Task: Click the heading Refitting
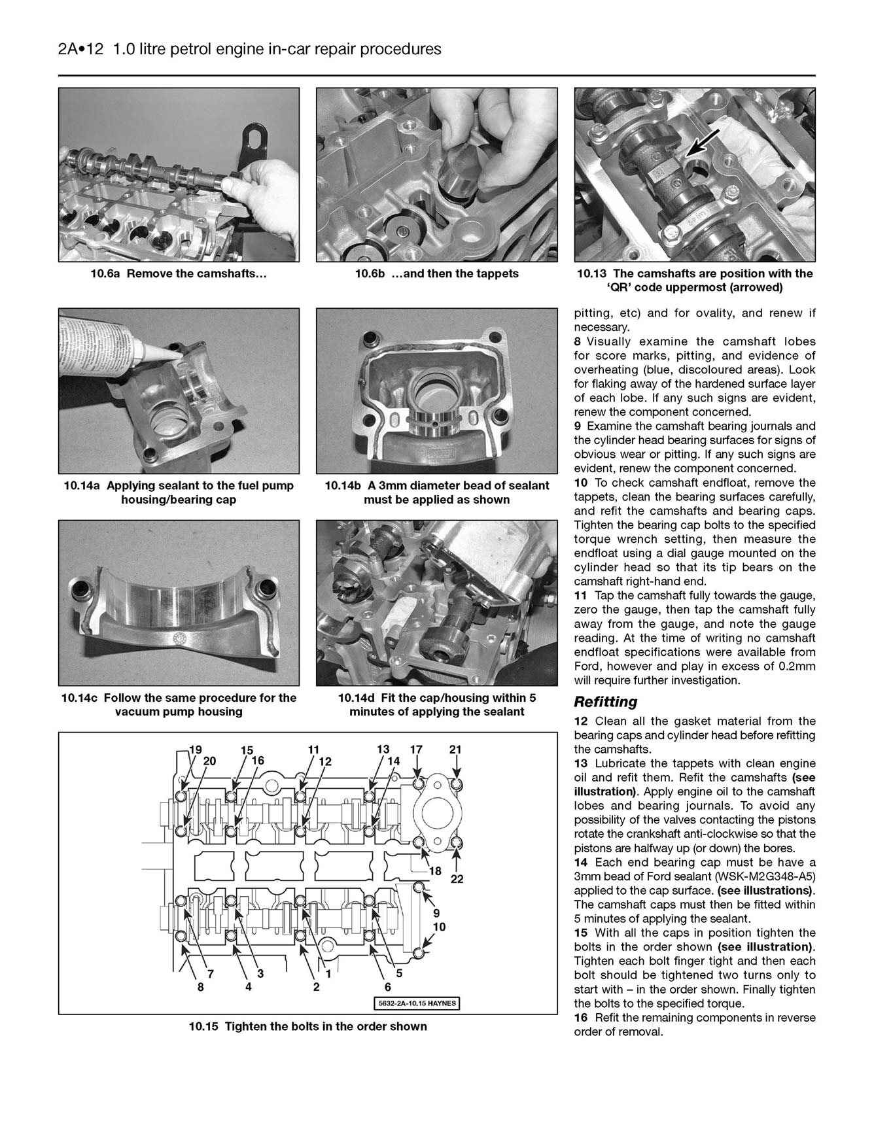605,702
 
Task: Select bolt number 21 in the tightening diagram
456,750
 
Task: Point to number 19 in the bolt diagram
195,750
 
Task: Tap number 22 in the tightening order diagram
457,878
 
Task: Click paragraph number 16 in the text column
581,1018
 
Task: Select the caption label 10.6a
107,273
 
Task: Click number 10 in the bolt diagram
439,927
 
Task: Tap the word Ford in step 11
588,666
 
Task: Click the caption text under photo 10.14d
436,704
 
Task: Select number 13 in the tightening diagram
383,750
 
